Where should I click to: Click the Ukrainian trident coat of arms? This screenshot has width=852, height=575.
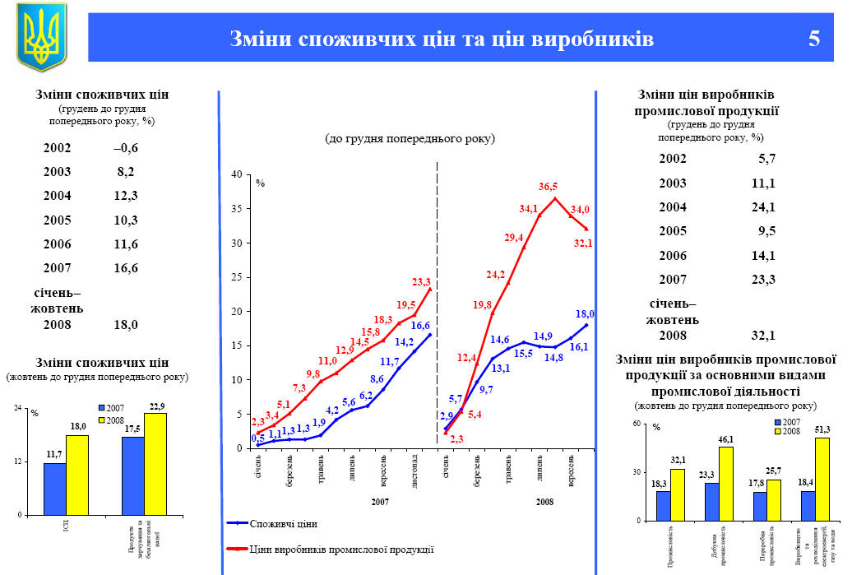tap(41, 37)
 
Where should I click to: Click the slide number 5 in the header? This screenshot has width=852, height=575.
tap(814, 39)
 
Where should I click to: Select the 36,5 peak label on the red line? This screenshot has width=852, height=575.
tap(549, 187)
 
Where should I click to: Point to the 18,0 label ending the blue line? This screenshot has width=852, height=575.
tap(585, 314)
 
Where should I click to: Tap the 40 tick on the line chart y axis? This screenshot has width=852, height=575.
tap(236, 174)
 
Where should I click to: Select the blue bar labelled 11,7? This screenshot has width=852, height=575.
tap(54, 489)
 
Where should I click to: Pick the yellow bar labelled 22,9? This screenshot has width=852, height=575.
tap(155, 463)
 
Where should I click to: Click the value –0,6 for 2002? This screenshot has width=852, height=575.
tap(126, 148)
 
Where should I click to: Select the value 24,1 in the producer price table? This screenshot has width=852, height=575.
tap(763, 206)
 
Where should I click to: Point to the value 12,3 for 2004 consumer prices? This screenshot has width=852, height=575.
tap(126, 195)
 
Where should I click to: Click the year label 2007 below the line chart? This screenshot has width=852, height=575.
tap(380, 501)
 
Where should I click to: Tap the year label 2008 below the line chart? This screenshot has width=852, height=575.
tap(545, 501)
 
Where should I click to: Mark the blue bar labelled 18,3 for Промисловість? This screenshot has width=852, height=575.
tap(664, 506)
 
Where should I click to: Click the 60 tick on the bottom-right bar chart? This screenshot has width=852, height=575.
tap(634, 424)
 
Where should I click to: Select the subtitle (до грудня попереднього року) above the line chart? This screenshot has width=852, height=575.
tap(410, 138)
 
